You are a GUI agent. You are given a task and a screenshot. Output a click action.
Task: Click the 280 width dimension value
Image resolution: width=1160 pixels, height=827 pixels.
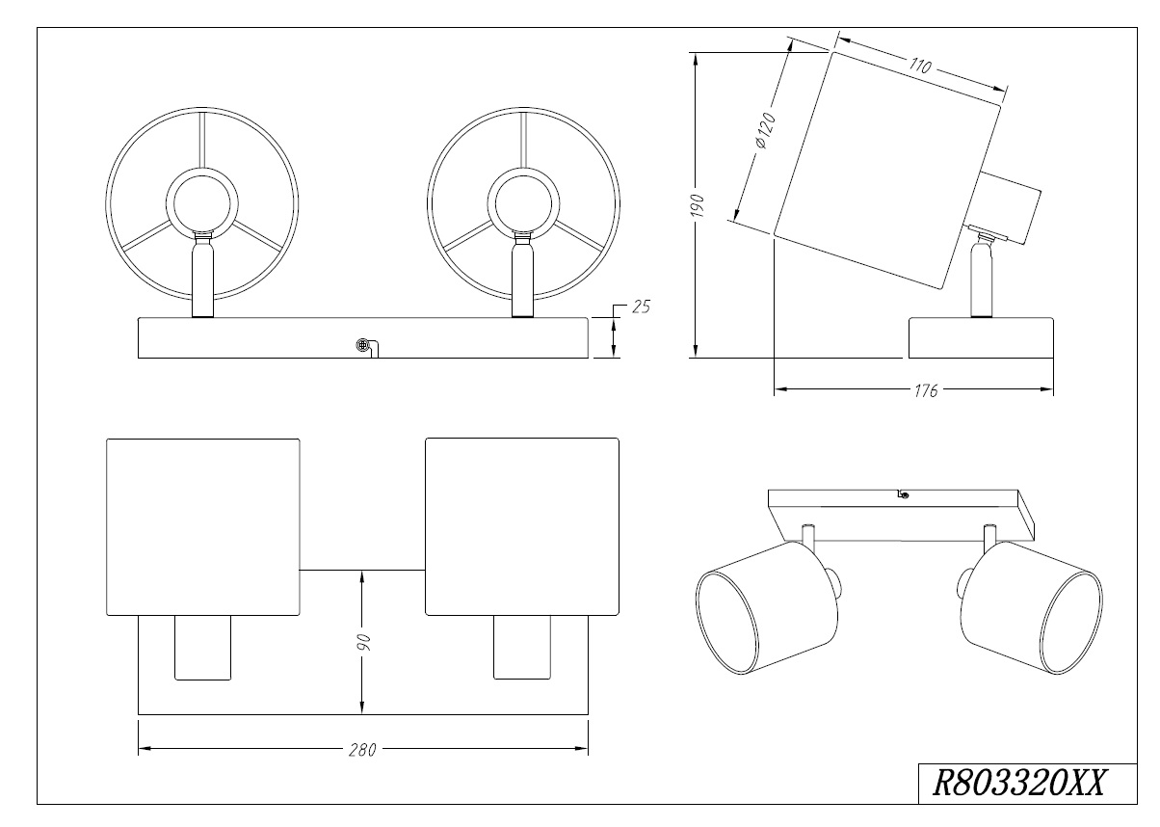click(362, 749)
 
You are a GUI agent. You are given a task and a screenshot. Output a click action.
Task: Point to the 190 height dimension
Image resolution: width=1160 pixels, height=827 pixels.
click(700, 205)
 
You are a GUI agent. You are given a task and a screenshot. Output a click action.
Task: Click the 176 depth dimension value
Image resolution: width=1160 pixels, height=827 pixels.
click(927, 389)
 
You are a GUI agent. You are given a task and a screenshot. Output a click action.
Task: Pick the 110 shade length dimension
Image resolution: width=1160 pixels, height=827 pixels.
click(920, 67)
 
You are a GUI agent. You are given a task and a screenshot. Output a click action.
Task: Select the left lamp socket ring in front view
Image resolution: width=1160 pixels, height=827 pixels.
click(200, 203)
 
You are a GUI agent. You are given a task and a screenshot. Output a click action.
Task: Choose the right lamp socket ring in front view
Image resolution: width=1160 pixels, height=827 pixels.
click(523, 203)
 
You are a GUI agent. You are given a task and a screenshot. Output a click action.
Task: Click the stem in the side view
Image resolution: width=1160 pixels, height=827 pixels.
click(981, 280)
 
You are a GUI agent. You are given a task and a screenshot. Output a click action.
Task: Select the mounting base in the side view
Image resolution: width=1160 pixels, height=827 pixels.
click(981, 337)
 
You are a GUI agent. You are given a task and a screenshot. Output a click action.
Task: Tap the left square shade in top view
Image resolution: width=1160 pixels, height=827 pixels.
click(202, 526)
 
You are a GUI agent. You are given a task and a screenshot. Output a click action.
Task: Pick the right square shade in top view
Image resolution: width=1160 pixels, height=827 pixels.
click(521, 526)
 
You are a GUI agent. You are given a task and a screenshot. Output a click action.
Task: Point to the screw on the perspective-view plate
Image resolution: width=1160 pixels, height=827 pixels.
click(903, 495)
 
